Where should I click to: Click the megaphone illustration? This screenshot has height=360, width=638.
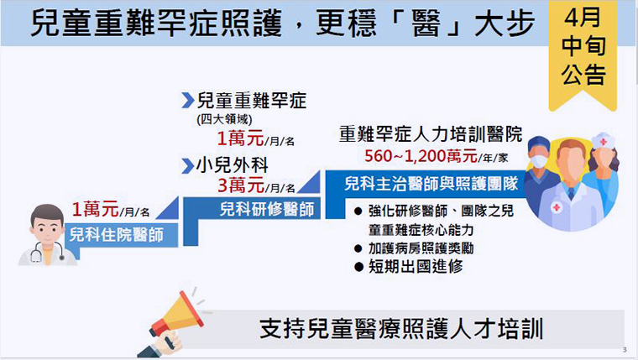coord(175,323)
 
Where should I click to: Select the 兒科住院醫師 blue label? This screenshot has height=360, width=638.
coord(117,235)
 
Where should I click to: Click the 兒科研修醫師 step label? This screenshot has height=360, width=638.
coord(266,209)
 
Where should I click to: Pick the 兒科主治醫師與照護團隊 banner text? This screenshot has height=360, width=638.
coord(431,184)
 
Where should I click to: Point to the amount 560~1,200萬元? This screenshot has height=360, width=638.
coord(421,156)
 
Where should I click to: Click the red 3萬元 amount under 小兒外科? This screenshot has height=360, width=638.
coord(241,185)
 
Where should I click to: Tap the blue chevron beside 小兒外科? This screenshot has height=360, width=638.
coord(187,165)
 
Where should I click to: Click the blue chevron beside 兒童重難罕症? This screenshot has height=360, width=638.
coord(187,100)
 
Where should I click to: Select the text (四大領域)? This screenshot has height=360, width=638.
coord(224,119)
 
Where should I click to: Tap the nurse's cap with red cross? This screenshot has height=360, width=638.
coord(603,140)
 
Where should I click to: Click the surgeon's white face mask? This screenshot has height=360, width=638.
coord(539,160)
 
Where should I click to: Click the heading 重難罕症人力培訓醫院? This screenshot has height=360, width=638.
coord(431,133)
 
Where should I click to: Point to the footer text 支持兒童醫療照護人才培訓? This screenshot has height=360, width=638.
coord(401,329)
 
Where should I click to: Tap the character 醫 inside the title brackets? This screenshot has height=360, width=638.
coord(426,23)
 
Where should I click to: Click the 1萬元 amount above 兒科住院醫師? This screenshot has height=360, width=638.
coord(95,209)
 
